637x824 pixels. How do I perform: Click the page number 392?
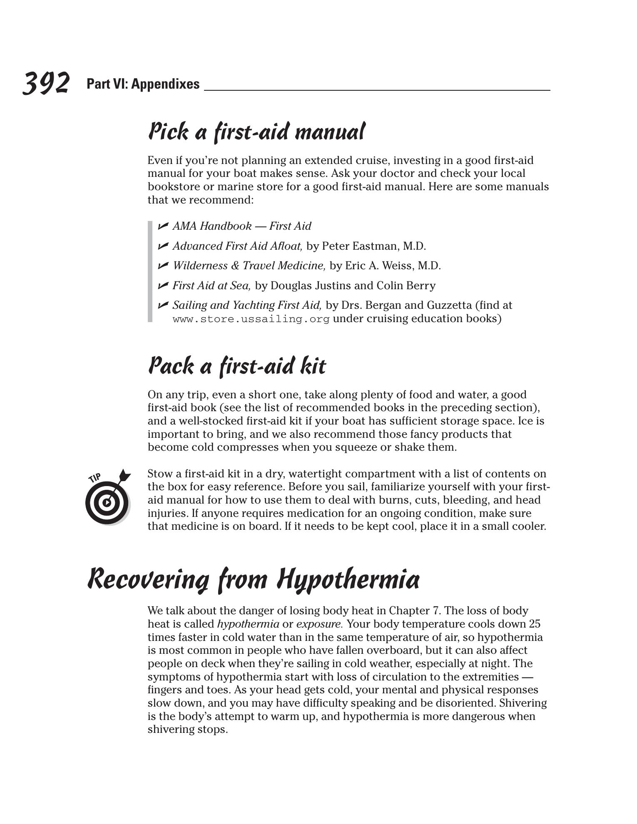coord(46,83)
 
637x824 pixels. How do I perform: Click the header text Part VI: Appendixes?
coord(143,84)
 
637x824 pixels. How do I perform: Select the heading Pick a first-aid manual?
coord(256,132)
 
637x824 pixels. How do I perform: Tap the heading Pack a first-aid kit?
coord(237,366)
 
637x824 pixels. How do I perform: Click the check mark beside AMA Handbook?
coord(163,226)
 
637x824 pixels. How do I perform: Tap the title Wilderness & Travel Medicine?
coord(249,266)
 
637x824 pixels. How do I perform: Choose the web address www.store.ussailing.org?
coord(251,319)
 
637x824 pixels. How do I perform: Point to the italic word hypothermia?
coord(248,624)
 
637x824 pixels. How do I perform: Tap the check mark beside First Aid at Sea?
coord(163,285)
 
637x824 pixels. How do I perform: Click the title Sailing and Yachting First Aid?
coord(247,305)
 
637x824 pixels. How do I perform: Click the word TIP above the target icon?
coord(95,478)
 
